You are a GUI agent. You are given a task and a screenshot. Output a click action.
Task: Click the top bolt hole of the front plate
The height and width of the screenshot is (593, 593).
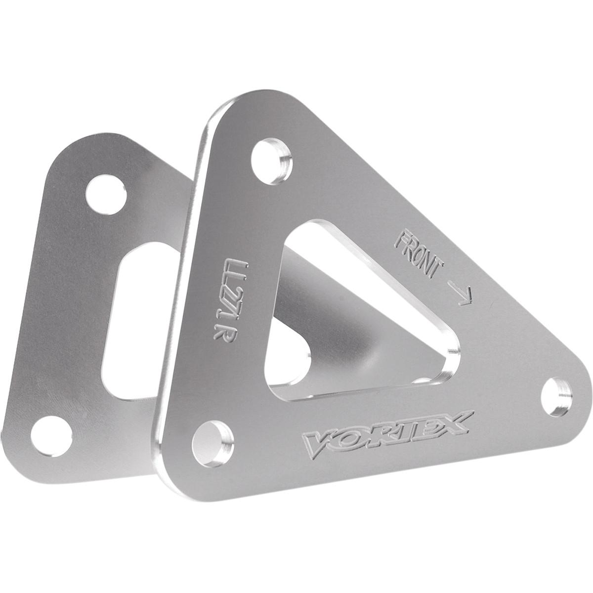[270, 156]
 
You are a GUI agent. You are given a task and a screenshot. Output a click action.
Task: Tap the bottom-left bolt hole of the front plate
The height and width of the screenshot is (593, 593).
[213, 438]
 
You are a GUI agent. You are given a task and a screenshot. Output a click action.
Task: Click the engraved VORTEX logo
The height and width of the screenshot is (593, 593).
[386, 432]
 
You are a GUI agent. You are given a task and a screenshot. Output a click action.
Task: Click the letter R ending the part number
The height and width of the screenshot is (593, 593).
[218, 332]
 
